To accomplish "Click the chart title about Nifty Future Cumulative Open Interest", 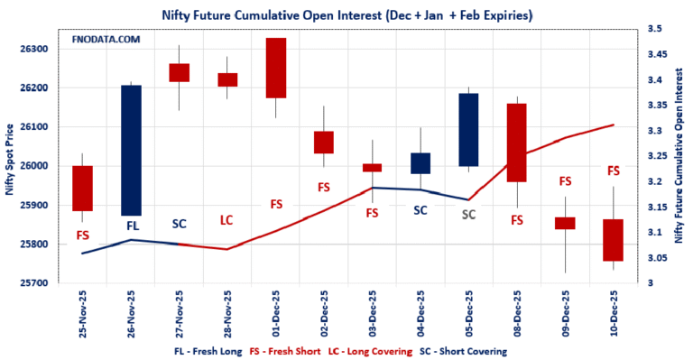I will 346,14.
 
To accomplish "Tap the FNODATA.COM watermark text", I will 106,41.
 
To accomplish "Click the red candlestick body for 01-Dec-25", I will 275,68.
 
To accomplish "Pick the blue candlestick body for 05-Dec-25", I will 468,129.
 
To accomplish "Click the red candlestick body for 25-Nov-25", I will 83,188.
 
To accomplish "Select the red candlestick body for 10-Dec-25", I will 614,240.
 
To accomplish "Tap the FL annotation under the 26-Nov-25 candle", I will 133,225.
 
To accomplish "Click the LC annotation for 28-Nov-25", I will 227,220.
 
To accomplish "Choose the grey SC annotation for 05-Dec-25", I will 468,215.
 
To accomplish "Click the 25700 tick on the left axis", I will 39,283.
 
